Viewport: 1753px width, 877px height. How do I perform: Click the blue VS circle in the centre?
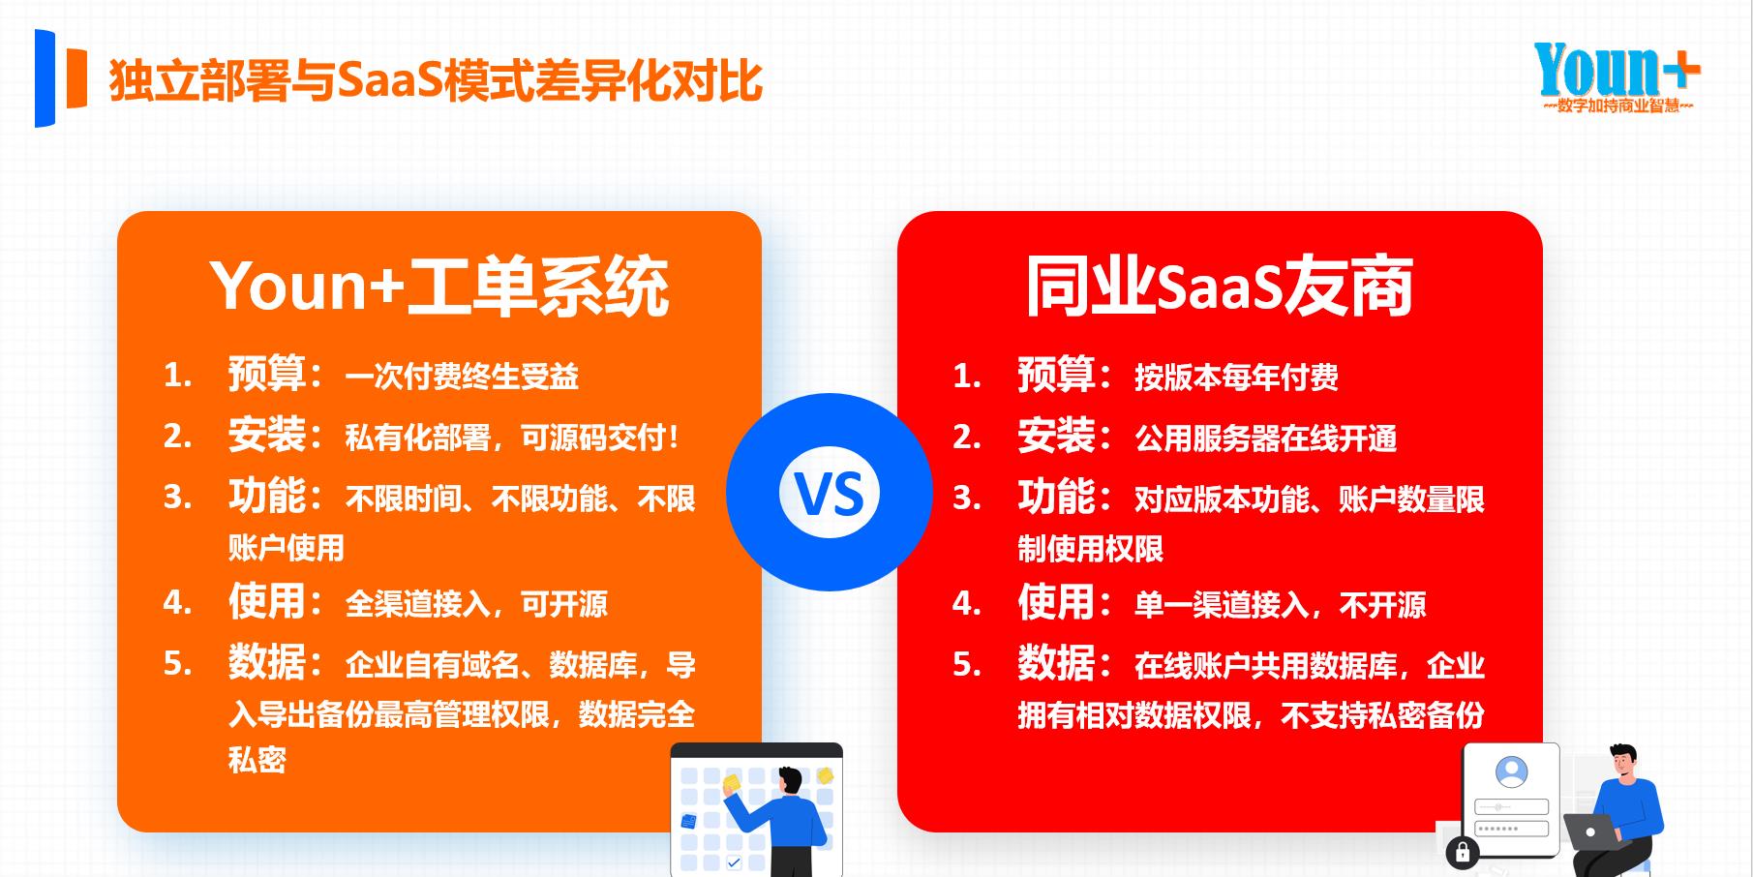point(830,492)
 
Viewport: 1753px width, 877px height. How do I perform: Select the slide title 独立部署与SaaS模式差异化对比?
point(436,80)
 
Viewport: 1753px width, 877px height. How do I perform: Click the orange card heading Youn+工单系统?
point(439,287)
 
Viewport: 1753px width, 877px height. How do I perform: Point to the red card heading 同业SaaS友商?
point(1220,287)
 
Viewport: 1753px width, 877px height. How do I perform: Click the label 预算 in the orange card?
point(266,374)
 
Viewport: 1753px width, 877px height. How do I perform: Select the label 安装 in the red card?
point(1056,436)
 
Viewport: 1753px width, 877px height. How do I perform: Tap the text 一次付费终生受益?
point(462,377)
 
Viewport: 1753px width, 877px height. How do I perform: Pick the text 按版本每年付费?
point(1236,378)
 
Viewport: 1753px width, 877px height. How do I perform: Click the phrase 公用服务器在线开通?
point(1266,438)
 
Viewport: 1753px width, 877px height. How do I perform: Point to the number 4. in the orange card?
point(177,603)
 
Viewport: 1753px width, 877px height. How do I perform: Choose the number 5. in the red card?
point(967,664)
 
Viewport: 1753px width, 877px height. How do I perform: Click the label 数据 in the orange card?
point(266,662)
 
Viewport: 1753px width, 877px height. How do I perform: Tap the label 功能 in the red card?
point(1056,497)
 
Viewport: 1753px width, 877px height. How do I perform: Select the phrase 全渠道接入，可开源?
point(476,605)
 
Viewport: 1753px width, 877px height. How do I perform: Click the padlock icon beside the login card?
point(1462,852)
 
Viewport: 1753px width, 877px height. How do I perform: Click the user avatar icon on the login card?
point(1511,772)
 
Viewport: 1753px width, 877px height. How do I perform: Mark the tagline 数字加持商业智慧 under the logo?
point(1617,106)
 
